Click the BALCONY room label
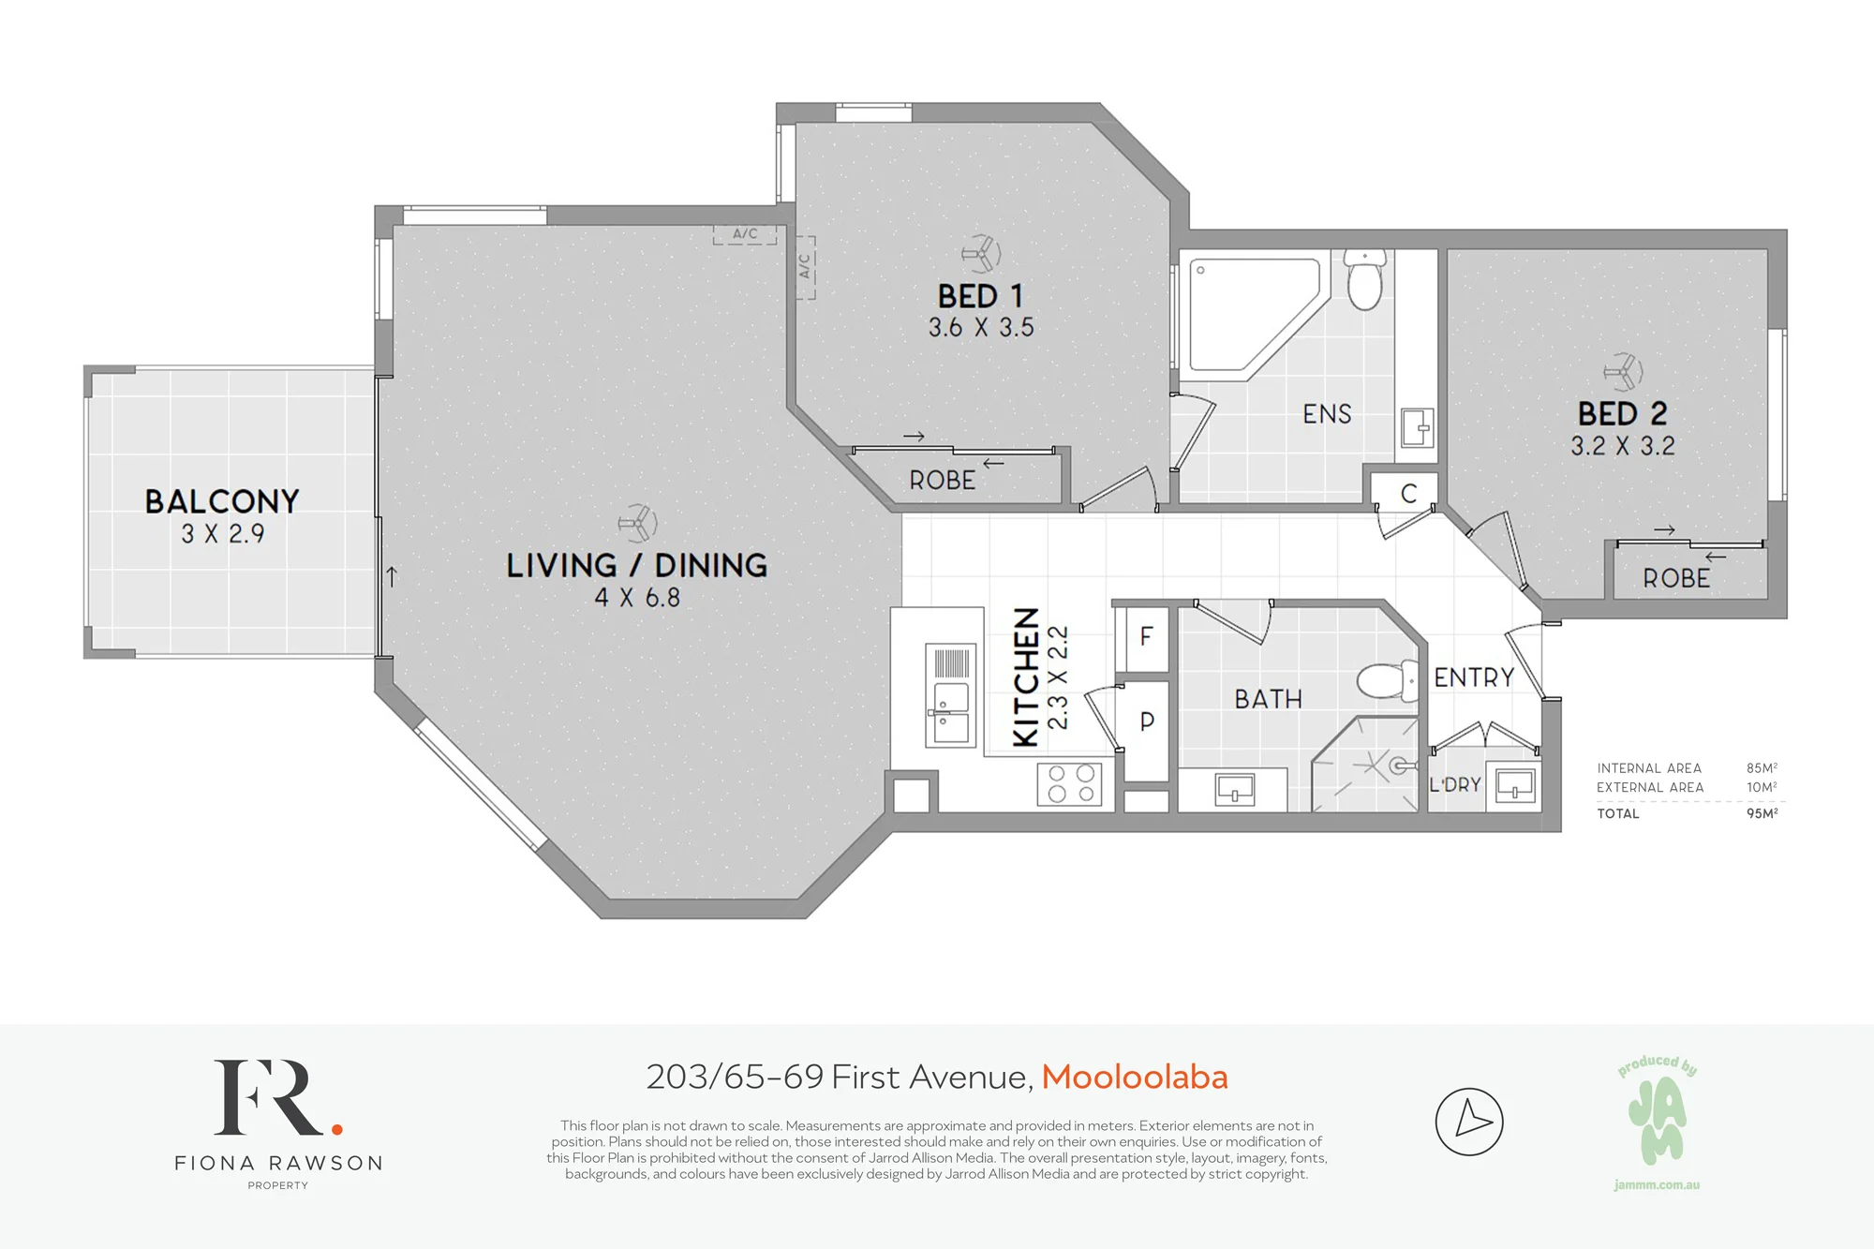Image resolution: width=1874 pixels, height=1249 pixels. (x=222, y=501)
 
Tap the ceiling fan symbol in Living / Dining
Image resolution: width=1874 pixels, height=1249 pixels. (x=638, y=523)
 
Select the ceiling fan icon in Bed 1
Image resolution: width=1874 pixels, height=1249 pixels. (x=981, y=253)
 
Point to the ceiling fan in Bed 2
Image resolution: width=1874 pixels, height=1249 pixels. (x=1624, y=372)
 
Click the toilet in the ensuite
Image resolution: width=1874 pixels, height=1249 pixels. (x=1365, y=279)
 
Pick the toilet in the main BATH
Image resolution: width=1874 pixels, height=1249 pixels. (x=1388, y=681)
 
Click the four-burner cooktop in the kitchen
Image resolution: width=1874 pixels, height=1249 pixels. (x=1070, y=784)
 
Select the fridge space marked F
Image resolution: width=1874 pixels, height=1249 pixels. (x=1146, y=638)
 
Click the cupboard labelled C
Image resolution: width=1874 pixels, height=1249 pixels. (x=1408, y=493)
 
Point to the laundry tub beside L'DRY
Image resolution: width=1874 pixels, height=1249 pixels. (x=1514, y=785)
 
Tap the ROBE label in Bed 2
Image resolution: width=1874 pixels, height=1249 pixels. (x=1676, y=579)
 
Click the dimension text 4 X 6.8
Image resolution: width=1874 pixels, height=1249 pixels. (x=637, y=598)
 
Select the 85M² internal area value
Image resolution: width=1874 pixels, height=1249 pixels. (x=1762, y=767)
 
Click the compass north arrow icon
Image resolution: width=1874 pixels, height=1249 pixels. (x=1469, y=1122)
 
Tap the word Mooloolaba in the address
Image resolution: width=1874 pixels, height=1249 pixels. (x=1134, y=1078)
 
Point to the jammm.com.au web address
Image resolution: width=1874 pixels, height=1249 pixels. (x=1657, y=1185)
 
